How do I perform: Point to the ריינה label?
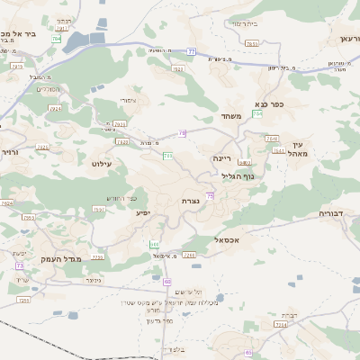(x=222, y=157)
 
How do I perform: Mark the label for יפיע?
(x=143, y=213)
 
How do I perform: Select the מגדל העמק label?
(x=60, y=259)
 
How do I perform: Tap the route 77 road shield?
(x=192, y=51)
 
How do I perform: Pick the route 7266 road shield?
(x=189, y=256)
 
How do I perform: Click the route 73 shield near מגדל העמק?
(x=20, y=266)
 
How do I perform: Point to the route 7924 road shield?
(x=57, y=109)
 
